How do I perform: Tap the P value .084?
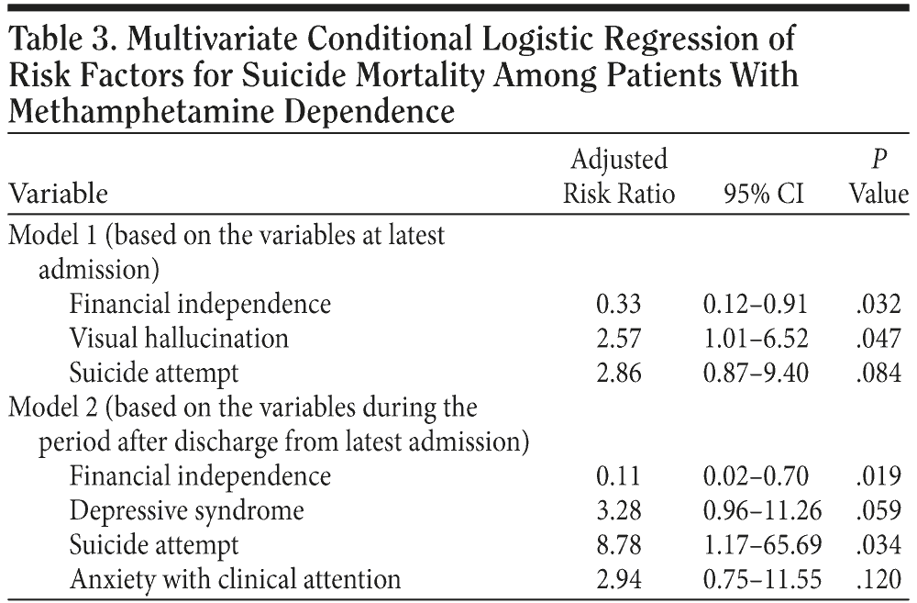pyautogui.click(x=878, y=373)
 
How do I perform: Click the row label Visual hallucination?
pyautogui.click(x=179, y=338)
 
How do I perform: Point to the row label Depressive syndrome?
pyautogui.click(x=186, y=510)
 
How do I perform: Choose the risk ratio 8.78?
pyautogui.click(x=622, y=545)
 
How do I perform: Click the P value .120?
pyautogui.click(x=878, y=579)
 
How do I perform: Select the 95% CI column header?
pyautogui.click(x=757, y=195)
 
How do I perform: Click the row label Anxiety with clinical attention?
pyautogui.click(x=235, y=579)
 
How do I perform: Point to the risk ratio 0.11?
pyautogui.click(x=622, y=476)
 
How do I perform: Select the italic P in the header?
pyautogui.click(x=879, y=160)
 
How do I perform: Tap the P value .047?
pyautogui.click(x=878, y=338)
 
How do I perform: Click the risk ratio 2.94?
pyautogui.click(x=622, y=579)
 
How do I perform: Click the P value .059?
pyautogui.click(x=878, y=510)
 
